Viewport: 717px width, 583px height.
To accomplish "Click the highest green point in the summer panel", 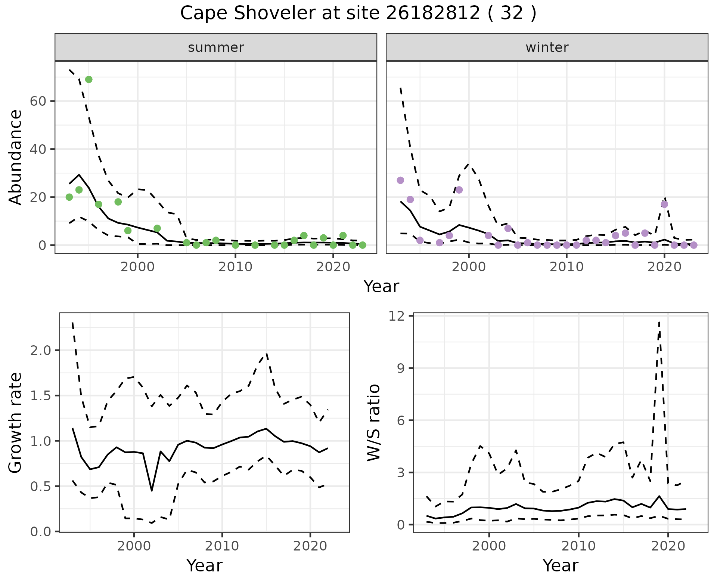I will [x=89, y=80].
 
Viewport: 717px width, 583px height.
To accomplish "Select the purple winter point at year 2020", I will [x=664, y=204].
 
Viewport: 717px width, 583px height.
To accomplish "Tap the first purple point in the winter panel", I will [x=400, y=181].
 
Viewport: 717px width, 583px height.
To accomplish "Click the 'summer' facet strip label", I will [x=216, y=47].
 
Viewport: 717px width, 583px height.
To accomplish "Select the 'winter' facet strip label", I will [x=547, y=47].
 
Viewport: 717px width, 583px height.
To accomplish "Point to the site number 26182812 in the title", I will [x=433, y=13].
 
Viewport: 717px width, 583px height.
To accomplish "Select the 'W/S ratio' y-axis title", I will [x=373, y=422].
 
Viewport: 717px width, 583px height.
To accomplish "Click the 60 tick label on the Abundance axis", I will [x=37, y=101].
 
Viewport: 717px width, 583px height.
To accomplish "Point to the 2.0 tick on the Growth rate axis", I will [x=41, y=351].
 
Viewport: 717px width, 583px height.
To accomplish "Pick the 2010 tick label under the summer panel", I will [x=235, y=267].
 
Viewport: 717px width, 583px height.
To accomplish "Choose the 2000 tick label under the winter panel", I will [x=469, y=267].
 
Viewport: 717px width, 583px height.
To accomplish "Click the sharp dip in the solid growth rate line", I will [x=152, y=490].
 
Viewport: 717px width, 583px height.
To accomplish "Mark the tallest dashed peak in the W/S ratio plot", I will [x=659, y=322].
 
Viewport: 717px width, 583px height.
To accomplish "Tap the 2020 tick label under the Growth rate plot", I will [x=310, y=546].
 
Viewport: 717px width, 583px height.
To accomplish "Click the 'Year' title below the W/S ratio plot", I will [x=560, y=566].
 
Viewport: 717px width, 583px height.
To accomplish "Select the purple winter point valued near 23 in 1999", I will [x=459, y=190].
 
